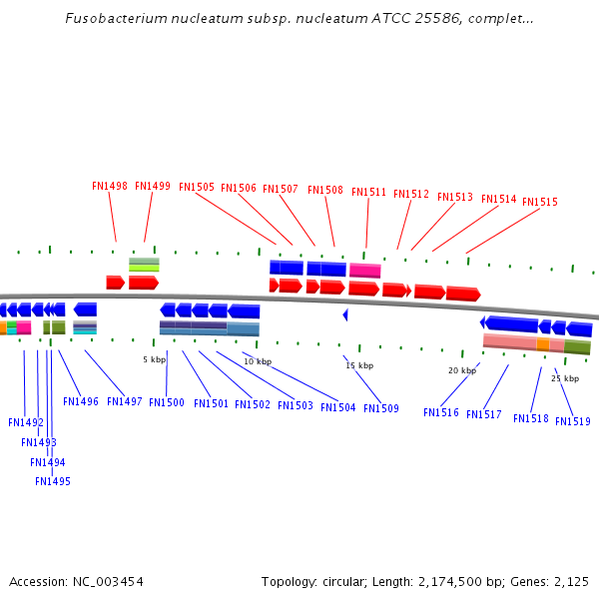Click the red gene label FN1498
109,186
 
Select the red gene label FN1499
153,186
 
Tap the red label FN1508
325,190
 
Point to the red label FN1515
540,202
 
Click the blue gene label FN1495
53,481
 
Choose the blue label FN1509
381,408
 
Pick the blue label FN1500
167,403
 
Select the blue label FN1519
573,421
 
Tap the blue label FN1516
441,412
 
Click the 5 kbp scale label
154,359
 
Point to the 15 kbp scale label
359,365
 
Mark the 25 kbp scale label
565,378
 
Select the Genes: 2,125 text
553,581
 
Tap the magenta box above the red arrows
364,271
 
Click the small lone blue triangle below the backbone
345,314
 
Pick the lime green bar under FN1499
144,268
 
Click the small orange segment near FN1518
542,344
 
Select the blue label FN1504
338,407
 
